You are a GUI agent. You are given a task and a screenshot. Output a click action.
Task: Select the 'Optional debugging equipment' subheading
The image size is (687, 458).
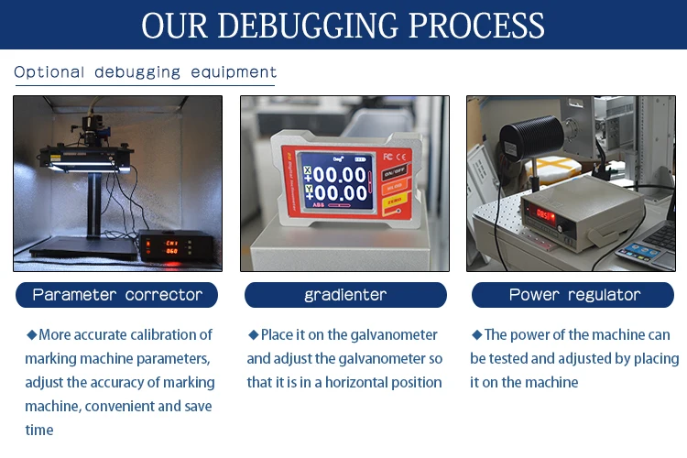pos(145,71)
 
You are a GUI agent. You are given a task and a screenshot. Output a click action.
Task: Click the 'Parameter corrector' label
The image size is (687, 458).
pos(117,295)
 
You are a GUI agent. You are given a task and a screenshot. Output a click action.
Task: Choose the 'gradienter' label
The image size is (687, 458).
pos(345,295)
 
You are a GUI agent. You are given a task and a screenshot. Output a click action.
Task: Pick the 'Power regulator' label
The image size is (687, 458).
pos(574,295)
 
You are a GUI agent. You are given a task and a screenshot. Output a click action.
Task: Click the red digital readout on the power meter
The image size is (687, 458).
pos(547,213)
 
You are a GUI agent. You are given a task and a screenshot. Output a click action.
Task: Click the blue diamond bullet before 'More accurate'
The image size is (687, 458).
pos(31,335)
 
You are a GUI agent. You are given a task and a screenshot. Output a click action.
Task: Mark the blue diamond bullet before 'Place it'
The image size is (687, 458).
pos(254,335)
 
